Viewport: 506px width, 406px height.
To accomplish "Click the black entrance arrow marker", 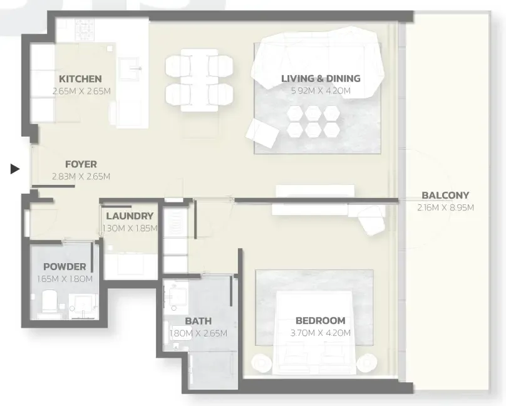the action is tap(15, 169).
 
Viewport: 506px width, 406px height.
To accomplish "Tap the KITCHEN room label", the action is tap(80, 79).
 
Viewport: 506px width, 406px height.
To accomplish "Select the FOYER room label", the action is tap(81, 164).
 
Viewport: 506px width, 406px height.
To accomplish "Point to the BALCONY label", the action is tap(445, 195).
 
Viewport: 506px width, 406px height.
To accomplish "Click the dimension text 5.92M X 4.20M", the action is tap(321, 91).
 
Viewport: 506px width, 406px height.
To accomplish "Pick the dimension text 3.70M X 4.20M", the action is tap(321, 333).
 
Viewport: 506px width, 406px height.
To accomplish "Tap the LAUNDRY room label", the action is tap(130, 216).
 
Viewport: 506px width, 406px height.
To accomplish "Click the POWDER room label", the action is tap(65, 266).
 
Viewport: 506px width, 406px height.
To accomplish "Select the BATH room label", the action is tap(198, 321).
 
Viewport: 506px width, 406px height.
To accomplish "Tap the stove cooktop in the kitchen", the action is tap(85, 28).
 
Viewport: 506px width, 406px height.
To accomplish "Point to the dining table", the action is tap(199, 80).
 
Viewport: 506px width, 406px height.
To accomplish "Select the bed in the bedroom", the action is tap(314, 333).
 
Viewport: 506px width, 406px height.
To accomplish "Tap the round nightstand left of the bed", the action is tap(262, 362).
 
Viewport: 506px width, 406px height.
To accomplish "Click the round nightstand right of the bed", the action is tap(366, 362).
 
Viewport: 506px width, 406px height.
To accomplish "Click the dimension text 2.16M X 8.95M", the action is tap(446, 207).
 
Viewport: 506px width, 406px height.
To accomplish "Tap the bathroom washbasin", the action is tap(176, 298).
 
